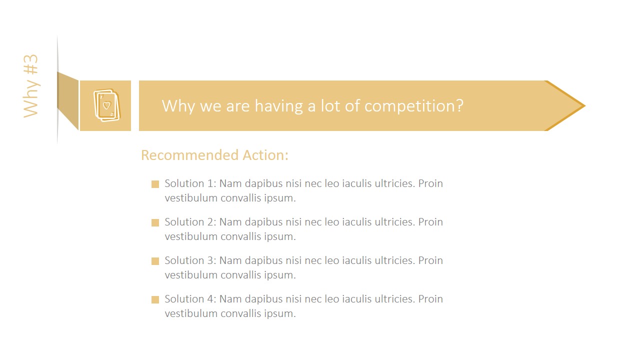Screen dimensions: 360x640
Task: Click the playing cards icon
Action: (x=106, y=105)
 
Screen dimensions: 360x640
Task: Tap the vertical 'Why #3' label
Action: (x=31, y=86)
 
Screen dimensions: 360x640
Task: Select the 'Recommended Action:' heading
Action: (x=214, y=155)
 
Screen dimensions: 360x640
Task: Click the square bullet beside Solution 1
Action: (x=155, y=184)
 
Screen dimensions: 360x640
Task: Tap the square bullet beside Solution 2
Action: (x=155, y=222)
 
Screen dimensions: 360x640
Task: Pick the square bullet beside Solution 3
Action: (x=155, y=261)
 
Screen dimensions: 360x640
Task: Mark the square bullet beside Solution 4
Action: (x=155, y=299)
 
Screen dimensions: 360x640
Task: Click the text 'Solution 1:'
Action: (x=190, y=183)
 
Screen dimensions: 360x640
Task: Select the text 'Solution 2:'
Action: (x=190, y=222)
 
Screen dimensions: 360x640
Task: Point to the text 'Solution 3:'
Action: (x=190, y=260)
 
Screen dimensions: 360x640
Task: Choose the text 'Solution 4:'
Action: (x=190, y=299)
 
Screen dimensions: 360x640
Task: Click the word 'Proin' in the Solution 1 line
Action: (x=430, y=183)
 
